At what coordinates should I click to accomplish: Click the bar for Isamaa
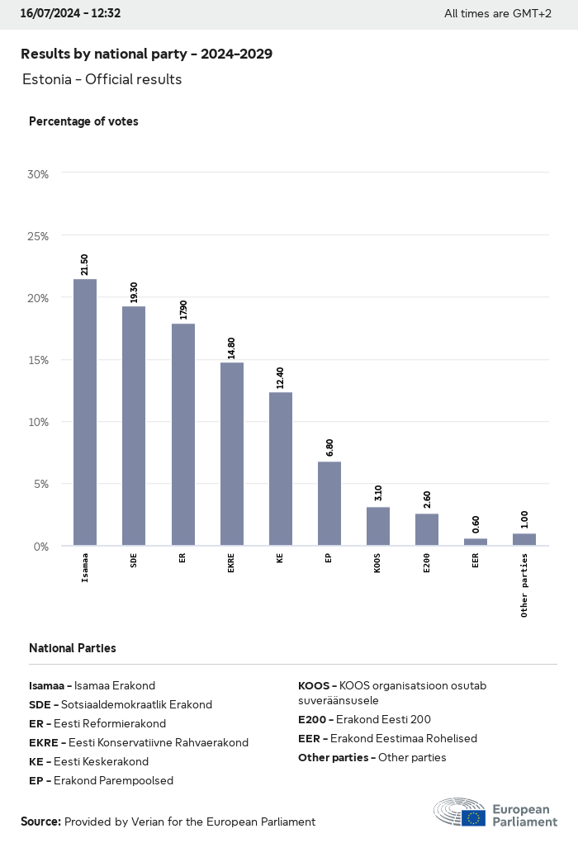[85, 412]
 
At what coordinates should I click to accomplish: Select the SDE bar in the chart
[134, 425]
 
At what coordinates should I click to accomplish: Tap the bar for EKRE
[231, 453]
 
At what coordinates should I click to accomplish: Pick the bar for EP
[329, 503]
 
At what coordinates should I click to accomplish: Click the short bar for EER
[476, 542]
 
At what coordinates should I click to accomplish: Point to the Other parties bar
[524, 540]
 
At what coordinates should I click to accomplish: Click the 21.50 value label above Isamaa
[85, 265]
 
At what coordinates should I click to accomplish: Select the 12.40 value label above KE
[281, 378]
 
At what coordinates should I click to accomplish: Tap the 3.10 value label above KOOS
[378, 494]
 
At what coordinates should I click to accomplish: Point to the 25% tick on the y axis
[38, 236]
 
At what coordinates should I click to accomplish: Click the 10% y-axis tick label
[38, 422]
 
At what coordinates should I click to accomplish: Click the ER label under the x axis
[182, 558]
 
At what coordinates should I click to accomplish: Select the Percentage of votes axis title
[83, 121]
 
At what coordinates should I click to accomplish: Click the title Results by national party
[146, 54]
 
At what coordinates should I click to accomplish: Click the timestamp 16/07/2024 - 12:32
[70, 13]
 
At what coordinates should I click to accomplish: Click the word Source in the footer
[40, 822]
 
